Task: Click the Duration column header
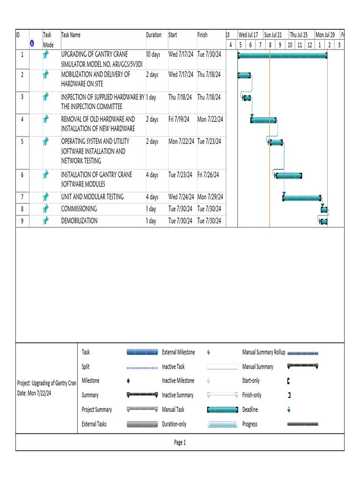[154, 35]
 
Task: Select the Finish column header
[202, 35]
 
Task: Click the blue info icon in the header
[32, 44]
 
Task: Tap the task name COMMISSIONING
[79, 209]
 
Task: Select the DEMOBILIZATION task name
[79, 221]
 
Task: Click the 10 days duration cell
[153, 54]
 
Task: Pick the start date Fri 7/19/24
[179, 119]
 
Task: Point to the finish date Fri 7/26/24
[208, 175]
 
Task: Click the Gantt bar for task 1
[283, 55]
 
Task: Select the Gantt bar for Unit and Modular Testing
[302, 198]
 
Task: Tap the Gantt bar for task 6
[289, 176]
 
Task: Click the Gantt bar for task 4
[263, 120]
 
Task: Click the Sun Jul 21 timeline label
[273, 35]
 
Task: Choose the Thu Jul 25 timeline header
[299, 35]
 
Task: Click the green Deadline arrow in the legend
[289, 410]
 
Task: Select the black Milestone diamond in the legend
[128, 381]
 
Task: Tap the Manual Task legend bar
[223, 410]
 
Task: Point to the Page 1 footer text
[180, 442]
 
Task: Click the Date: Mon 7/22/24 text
[34, 393]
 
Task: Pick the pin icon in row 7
[45, 196]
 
